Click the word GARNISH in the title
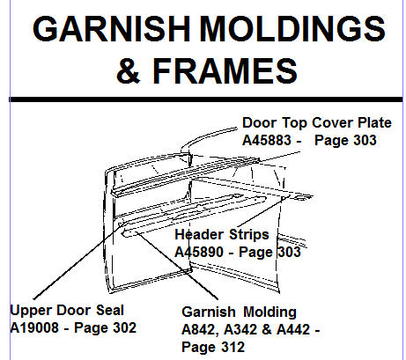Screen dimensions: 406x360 point(111,29)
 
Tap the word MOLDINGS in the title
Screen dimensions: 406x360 point(292,29)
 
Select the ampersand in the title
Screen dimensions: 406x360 point(129,70)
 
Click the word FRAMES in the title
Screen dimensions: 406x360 point(225,70)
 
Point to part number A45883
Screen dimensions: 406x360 point(267,140)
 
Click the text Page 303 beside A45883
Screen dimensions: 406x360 point(345,140)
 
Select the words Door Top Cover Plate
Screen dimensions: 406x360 point(317,122)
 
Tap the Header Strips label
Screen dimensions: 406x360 point(222,234)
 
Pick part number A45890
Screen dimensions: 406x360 point(199,252)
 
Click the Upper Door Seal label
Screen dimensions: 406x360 point(67,311)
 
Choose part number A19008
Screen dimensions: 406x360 point(34,327)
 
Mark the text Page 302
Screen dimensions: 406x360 point(105,327)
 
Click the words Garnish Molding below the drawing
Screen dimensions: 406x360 point(239,312)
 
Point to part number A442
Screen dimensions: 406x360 point(293,329)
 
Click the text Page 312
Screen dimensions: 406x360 point(213,347)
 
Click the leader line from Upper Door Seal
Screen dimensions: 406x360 point(79,261)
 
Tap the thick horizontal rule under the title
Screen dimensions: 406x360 point(206,99)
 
